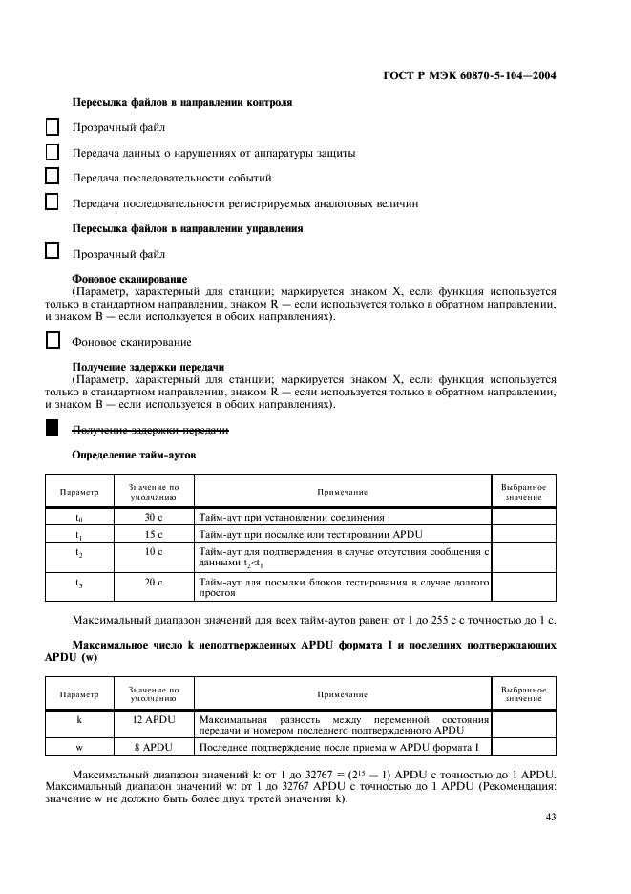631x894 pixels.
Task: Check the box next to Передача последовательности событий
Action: [52, 177]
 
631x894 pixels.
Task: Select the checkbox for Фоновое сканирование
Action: [52, 341]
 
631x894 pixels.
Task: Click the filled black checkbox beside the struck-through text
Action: [52, 430]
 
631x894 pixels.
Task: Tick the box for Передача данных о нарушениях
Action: [52, 152]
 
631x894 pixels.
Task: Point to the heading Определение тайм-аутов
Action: [134, 456]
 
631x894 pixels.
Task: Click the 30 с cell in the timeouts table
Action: [154, 517]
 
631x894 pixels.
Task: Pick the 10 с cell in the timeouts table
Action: [154, 552]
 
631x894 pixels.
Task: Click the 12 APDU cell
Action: [154, 718]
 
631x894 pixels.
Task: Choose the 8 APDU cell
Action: [154, 746]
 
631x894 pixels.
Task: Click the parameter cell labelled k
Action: [79, 718]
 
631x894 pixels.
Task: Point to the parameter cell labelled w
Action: [79, 746]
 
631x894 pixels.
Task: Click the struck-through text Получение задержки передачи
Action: [150, 431]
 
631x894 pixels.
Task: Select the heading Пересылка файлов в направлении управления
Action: [188, 229]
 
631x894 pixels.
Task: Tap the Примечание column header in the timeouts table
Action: [343, 492]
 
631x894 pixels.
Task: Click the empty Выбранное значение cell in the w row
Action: [523, 746]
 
